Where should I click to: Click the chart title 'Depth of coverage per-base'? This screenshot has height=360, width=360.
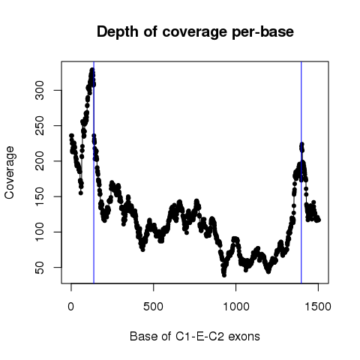click(195, 32)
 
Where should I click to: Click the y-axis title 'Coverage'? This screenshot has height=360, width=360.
click(10, 172)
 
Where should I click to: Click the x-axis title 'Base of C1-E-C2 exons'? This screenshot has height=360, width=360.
click(195, 337)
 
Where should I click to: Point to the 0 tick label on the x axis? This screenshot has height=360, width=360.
click(71, 307)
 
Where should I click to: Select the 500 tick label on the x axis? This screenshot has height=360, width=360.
click(153, 307)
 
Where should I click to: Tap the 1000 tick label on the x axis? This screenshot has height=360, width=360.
click(236, 307)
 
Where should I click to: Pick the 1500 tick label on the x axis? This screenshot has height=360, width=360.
click(318, 307)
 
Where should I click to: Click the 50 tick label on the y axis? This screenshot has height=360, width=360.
click(40, 268)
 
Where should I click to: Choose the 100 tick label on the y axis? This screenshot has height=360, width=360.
click(40, 232)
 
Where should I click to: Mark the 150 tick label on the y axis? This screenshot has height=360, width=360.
click(40, 196)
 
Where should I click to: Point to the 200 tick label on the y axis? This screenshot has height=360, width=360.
click(40, 161)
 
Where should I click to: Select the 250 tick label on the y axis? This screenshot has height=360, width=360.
click(40, 126)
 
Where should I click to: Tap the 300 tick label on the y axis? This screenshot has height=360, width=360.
click(40, 91)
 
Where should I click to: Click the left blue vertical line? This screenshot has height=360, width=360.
click(94, 172)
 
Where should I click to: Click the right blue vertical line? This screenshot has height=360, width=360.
click(301, 172)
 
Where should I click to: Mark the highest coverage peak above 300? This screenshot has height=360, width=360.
click(92, 70)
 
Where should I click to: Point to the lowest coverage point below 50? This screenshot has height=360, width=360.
click(224, 275)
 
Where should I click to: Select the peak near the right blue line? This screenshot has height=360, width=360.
click(301, 144)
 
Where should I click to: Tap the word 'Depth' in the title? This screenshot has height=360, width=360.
click(118, 32)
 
